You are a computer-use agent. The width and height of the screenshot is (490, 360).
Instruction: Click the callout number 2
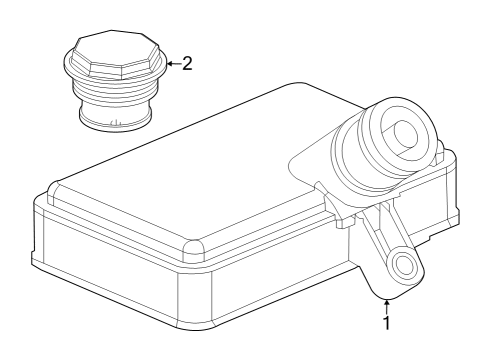[187, 63]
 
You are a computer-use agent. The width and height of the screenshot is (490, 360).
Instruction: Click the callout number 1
[387, 322]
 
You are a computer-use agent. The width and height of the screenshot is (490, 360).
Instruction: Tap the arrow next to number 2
[174, 63]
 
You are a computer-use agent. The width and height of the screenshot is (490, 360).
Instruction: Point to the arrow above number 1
[387, 307]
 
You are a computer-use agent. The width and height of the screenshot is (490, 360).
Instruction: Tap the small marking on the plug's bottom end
[114, 122]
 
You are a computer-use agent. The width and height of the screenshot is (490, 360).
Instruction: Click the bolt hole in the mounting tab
[403, 263]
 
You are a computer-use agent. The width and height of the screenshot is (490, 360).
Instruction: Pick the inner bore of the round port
[406, 131]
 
